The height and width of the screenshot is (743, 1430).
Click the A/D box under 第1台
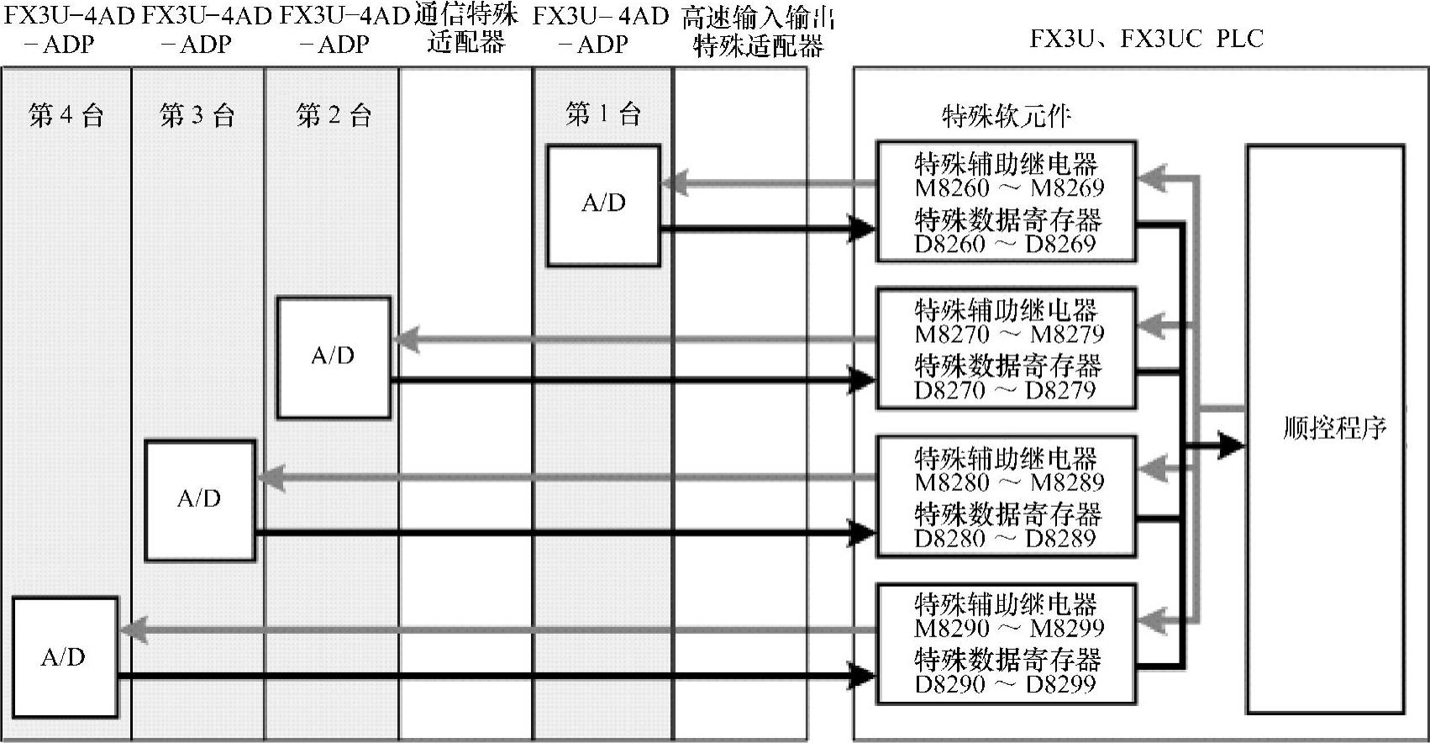pyautogui.click(x=603, y=205)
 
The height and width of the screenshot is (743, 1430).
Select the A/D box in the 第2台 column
pyautogui.click(x=334, y=357)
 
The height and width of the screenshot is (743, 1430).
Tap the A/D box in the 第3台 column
pyautogui.click(x=199, y=500)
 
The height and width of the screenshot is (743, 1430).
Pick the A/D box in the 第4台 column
pyautogui.click(x=64, y=657)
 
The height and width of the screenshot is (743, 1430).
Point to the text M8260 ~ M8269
pyautogui.click(x=1009, y=188)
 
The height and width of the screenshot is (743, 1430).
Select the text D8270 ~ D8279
pyautogui.click(x=1005, y=391)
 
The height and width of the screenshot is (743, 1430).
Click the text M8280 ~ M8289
pyautogui.click(x=1009, y=482)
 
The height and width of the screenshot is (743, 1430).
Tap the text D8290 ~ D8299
pyautogui.click(x=1005, y=684)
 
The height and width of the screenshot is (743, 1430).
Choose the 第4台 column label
pyautogui.click(x=66, y=115)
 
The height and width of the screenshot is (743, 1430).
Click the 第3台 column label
pyautogui.click(x=197, y=115)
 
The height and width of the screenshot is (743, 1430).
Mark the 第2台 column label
pyautogui.click(x=334, y=115)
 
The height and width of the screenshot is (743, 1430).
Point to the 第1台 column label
pyautogui.click(x=603, y=113)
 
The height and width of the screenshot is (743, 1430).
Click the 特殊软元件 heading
pyautogui.click(x=1007, y=116)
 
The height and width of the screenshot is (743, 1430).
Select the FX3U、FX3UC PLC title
pyautogui.click(x=1146, y=39)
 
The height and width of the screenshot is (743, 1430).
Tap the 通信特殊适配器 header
pyautogui.click(x=466, y=29)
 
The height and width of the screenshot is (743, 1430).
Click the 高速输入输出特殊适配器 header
pyautogui.click(x=758, y=32)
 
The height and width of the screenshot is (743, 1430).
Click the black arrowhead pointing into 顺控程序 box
pyautogui.click(x=1232, y=445)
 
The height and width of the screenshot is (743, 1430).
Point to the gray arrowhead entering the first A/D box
pyautogui.click(x=675, y=182)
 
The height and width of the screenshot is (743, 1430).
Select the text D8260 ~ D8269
pyautogui.click(x=1005, y=245)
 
